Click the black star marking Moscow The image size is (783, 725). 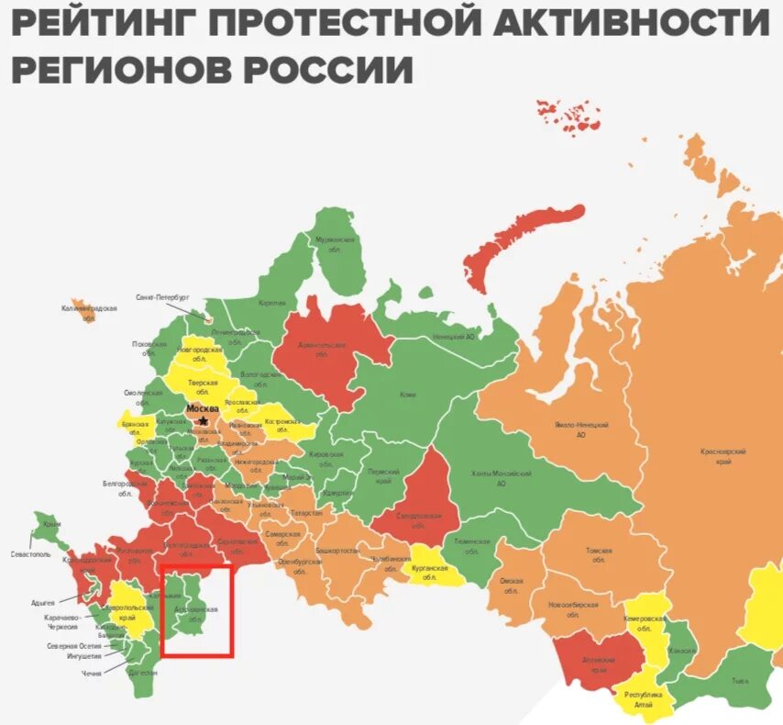[x=203, y=420]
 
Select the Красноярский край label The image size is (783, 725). [x=722, y=456]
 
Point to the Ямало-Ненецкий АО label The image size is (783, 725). [x=580, y=430]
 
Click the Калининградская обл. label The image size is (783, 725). [x=90, y=313]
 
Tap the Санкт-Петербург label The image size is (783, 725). [x=162, y=298]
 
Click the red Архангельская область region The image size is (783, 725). [x=325, y=353]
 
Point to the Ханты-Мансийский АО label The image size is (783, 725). [x=501, y=477]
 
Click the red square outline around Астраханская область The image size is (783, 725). [x=161, y=610]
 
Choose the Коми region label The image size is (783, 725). [x=382, y=395]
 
